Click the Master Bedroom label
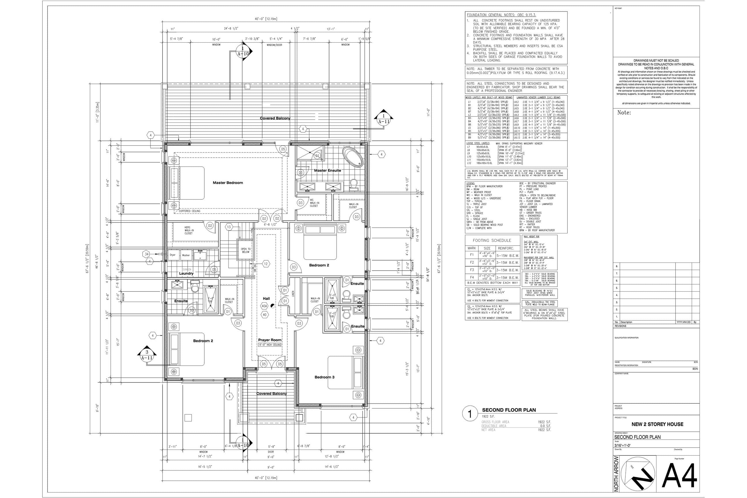point(228,183)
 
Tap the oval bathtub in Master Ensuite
point(352,156)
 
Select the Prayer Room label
point(270,340)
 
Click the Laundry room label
point(186,273)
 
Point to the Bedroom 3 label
point(324,377)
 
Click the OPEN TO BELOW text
point(246,250)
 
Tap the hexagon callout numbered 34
point(146,254)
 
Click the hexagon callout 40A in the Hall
point(264,306)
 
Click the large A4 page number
point(679,475)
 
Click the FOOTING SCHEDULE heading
point(492,240)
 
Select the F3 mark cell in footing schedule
point(472,270)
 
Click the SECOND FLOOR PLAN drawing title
point(509,410)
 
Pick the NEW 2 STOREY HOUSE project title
point(657,424)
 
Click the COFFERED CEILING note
point(190,211)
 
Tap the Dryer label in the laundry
point(172,255)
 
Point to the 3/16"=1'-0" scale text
point(622,445)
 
